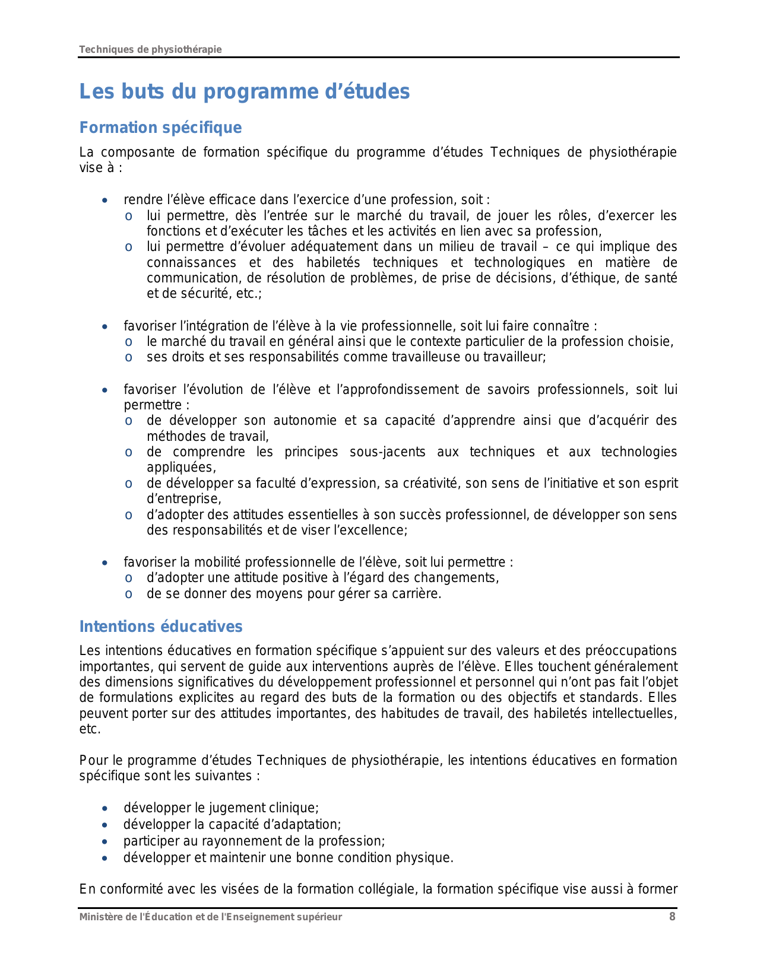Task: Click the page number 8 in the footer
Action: pyautogui.click(x=672, y=917)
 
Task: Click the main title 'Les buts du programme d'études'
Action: pyautogui.click(x=245, y=92)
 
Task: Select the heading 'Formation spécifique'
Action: pyautogui.click(x=160, y=128)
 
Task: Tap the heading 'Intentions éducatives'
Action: pyautogui.click(x=161, y=627)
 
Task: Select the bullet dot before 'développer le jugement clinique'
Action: pyautogui.click(x=104, y=808)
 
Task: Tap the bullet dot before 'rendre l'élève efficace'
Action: pyautogui.click(x=104, y=200)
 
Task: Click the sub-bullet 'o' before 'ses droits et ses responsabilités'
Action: pyautogui.click(x=128, y=357)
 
